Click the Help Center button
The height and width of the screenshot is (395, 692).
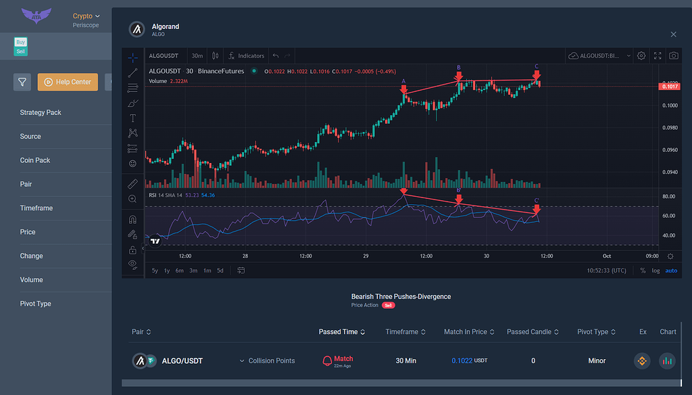(68, 83)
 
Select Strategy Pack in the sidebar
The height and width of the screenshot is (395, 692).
(41, 112)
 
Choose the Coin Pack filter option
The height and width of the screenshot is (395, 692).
(35, 160)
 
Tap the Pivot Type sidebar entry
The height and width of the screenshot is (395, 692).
(35, 304)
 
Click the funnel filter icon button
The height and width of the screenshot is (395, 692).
(22, 83)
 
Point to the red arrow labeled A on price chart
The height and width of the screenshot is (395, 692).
(403, 89)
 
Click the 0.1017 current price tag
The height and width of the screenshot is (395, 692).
(670, 86)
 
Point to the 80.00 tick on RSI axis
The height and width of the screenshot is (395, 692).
(669, 197)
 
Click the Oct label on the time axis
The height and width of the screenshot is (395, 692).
(606, 256)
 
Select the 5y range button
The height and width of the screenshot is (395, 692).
(155, 271)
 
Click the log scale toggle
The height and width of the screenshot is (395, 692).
(656, 271)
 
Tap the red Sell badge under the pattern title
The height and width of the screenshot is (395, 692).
(389, 306)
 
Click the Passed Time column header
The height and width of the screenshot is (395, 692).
(342, 332)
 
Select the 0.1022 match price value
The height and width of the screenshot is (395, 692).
(462, 361)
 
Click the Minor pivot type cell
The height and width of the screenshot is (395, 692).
(596, 361)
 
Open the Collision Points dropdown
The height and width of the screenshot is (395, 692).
(267, 361)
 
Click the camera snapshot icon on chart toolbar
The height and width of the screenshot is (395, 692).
(673, 55)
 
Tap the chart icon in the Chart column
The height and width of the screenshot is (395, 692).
(667, 361)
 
